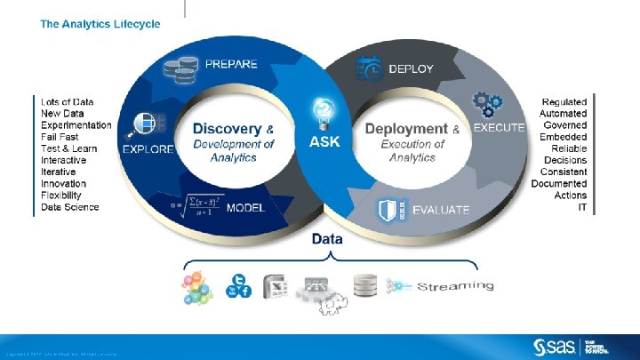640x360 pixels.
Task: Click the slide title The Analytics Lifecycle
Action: click(100, 24)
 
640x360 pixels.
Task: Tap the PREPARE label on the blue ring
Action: click(231, 64)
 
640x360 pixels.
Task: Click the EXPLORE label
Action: click(148, 149)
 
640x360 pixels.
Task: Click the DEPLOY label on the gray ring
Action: click(411, 68)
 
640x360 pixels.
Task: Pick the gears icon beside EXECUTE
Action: click(486, 105)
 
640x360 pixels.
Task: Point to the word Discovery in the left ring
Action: click(228, 129)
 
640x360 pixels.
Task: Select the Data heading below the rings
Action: click(327, 239)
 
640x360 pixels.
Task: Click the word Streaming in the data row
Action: click(455, 285)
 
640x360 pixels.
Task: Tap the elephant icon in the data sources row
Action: click(334, 304)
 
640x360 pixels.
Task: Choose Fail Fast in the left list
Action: click(60, 137)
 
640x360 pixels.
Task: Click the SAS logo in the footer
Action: click(555, 346)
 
